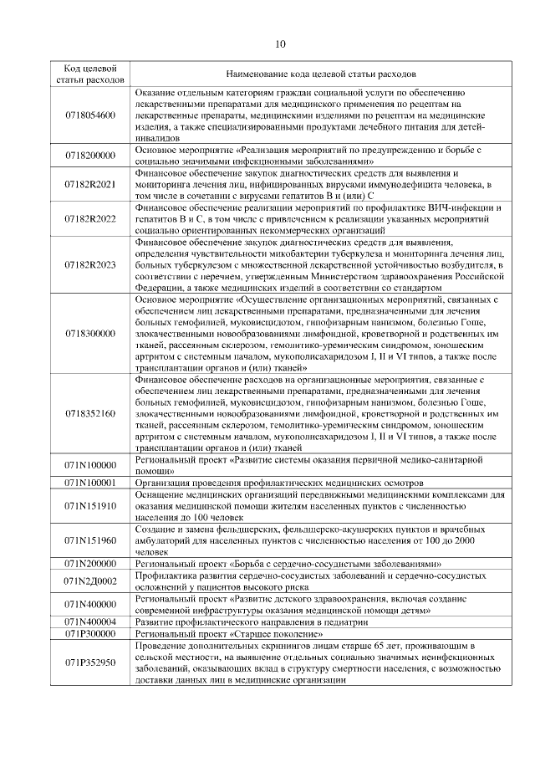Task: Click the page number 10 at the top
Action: [x=279, y=44]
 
